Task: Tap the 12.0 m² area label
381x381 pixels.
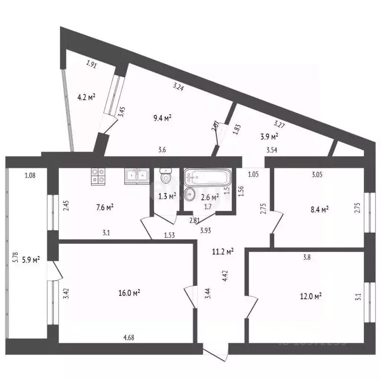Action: tap(311, 296)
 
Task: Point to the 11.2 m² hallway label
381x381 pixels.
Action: tap(222, 252)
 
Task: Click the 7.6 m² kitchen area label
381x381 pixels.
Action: tap(104, 207)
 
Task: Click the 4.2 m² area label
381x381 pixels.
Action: tap(86, 98)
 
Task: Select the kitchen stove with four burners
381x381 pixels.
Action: tap(98, 175)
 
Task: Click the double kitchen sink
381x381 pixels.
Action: tap(136, 175)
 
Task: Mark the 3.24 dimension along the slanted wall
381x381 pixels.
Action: tap(178, 87)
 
